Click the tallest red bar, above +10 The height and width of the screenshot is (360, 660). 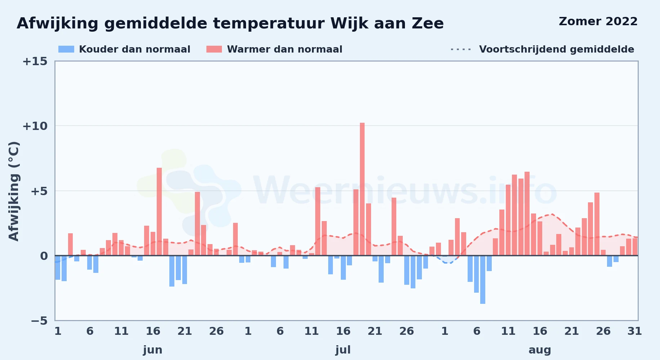[x=362, y=189]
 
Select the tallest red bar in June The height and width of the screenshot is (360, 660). [x=159, y=212]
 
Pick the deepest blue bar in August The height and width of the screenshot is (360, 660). [x=483, y=280]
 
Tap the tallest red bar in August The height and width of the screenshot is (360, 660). [x=527, y=213]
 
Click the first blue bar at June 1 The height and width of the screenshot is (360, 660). [x=58, y=267]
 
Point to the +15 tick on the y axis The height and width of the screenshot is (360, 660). [x=35, y=62]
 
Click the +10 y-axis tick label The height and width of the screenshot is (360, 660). [x=35, y=126]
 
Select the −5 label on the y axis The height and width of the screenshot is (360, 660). [x=39, y=321]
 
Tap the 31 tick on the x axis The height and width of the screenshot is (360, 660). [x=634, y=331]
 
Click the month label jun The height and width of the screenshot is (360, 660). [x=153, y=350]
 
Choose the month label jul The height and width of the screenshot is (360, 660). [x=343, y=350]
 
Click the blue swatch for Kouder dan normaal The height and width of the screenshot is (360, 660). [x=66, y=49]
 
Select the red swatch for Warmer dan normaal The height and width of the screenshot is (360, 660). [x=214, y=49]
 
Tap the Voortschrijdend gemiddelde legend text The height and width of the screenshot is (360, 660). [x=557, y=49]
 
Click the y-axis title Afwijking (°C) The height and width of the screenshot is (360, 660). [x=14, y=191]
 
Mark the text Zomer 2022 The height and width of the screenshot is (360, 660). [x=598, y=22]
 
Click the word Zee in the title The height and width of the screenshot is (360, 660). [x=428, y=24]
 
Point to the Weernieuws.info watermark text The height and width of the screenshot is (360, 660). [x=405, y=191]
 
